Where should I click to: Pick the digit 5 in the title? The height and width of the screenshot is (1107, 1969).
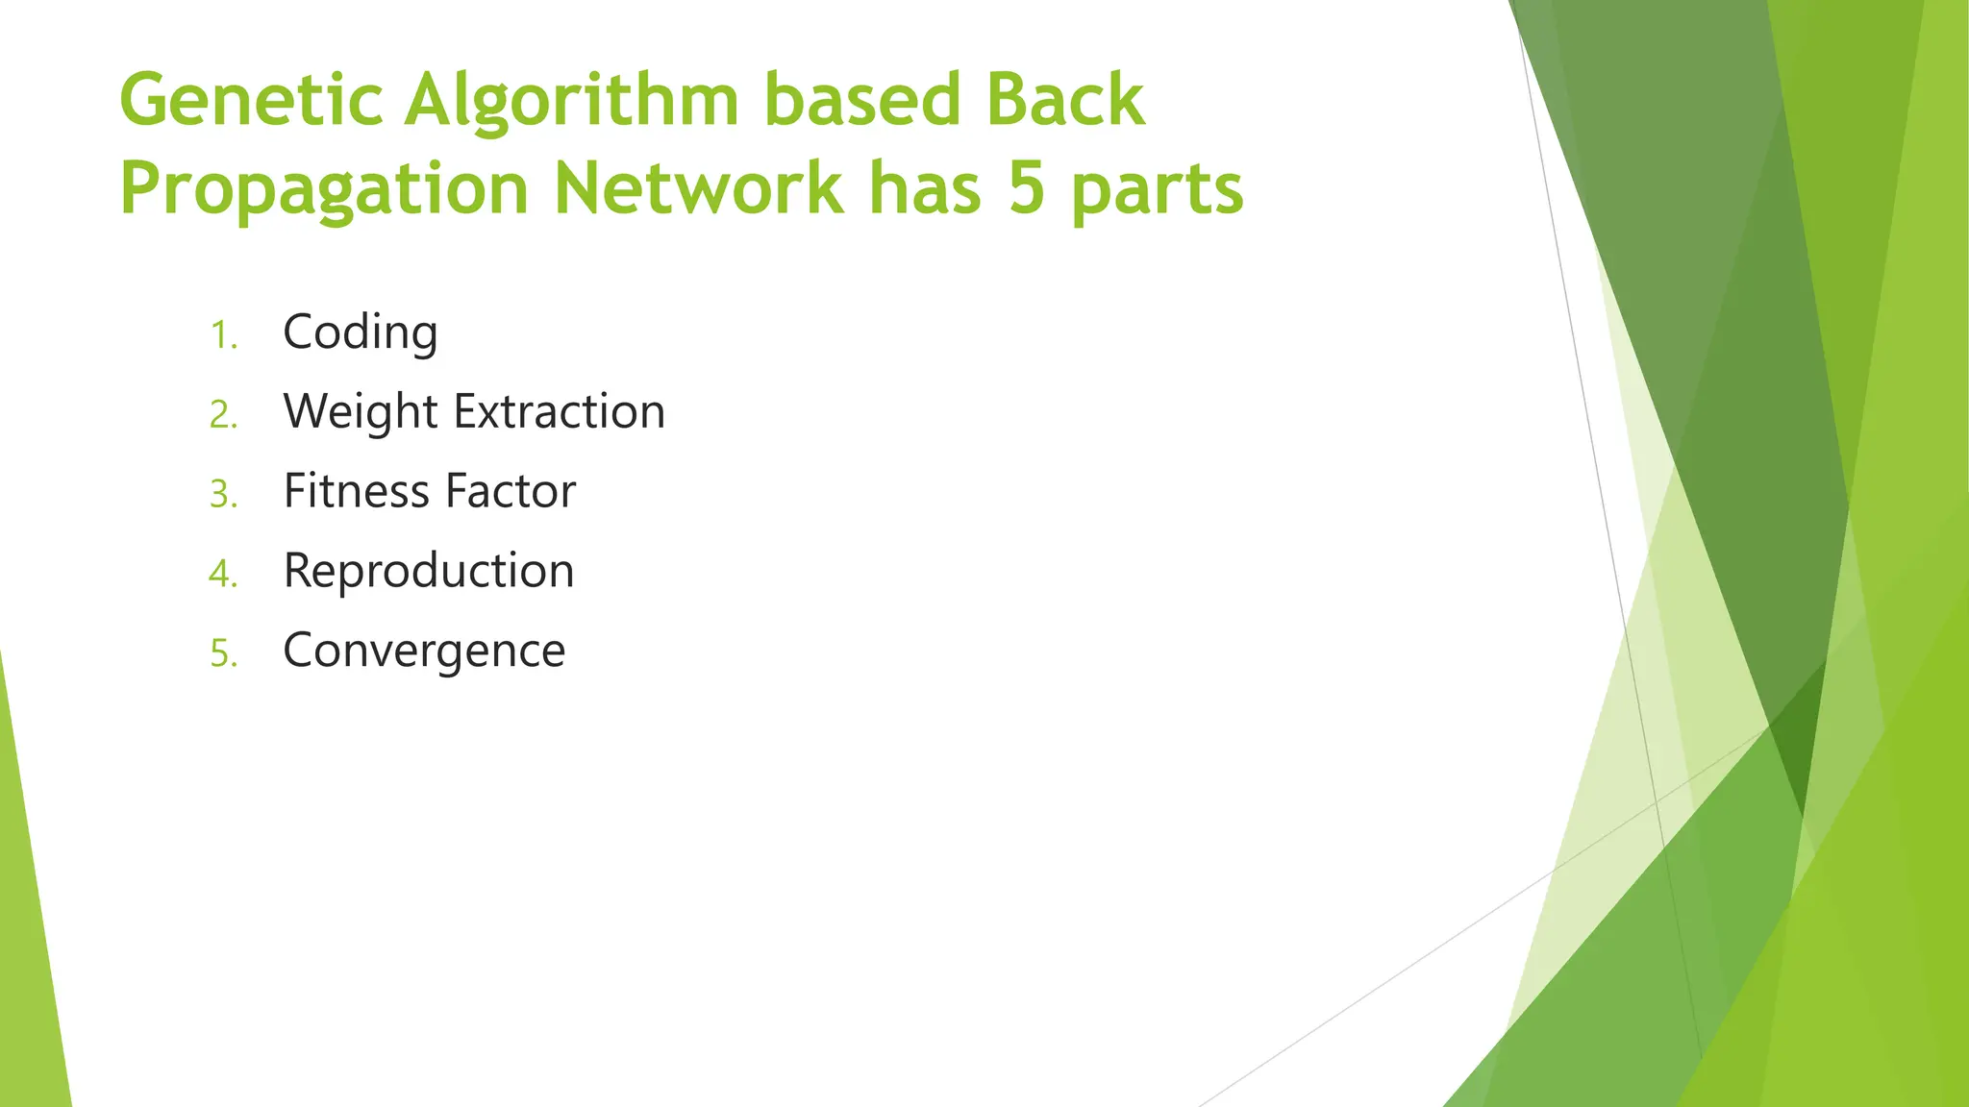pyautogui.click(x=1026, y=188)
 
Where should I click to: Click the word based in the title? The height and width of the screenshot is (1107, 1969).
pyautogui.click(x=862, y=100)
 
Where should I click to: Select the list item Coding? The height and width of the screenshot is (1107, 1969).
pyautogui.click(x=361, y=333)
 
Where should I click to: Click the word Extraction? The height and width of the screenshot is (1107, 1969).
pyautogui.click(x=560, y=411)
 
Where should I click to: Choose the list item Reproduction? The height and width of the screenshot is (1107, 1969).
pyautogui.click(x=429, y=572)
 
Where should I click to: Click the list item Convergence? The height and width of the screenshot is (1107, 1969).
pyautogui.click(x=424, y=652)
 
